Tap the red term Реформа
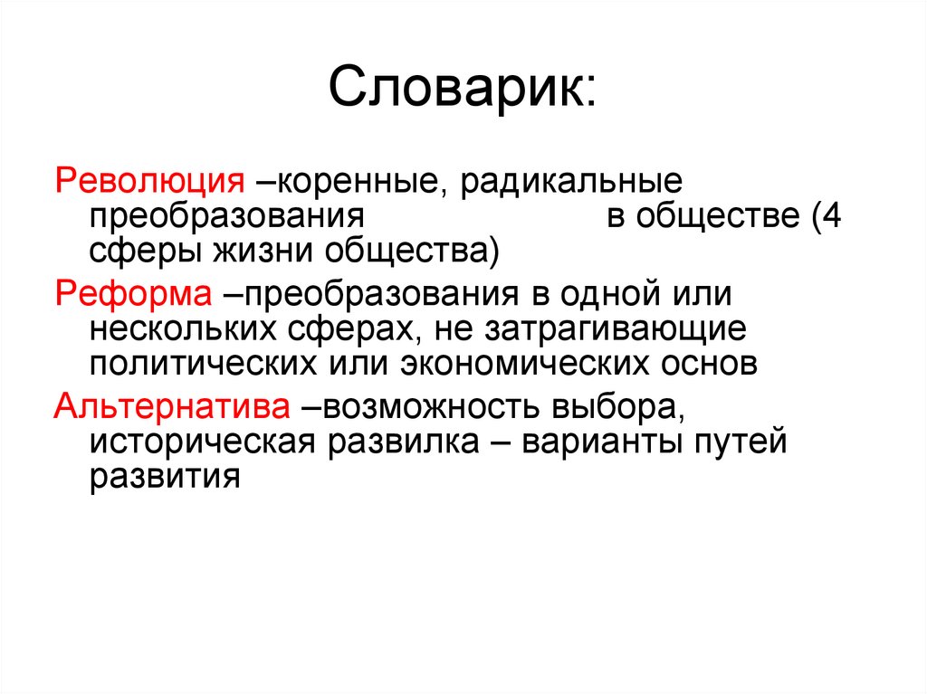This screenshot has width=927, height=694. pyautogui.click(x=133, y=293)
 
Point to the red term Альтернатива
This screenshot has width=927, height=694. pyautogui.click(x=172, y=406)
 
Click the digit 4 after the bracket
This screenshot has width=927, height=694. pyautogui.click(x=831, y=216)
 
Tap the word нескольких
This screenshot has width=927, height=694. pyautogui.click(x=189, y=330)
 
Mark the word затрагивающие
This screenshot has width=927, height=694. pyautogui.click(x=618, y=330)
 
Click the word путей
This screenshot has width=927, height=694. pyautogui.click(x=743, y=443)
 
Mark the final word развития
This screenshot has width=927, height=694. pyautogui.click(x=164, y=480)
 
